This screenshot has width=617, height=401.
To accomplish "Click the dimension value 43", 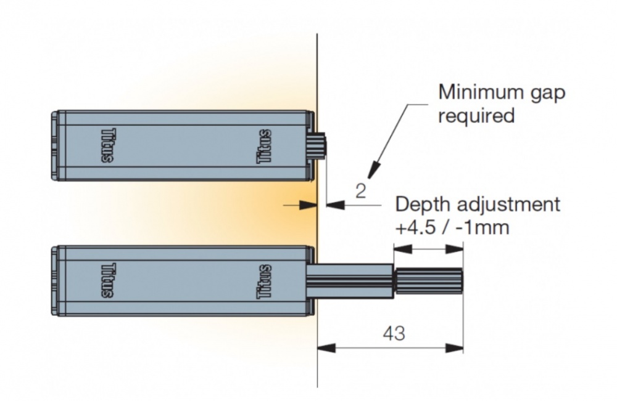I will click(394, 333).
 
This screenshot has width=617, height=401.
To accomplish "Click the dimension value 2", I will click(361, 190).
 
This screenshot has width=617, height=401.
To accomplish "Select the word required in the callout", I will click(476, 115).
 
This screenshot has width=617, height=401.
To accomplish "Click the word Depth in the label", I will click(421, 205).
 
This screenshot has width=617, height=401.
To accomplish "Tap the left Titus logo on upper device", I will click(106, 147).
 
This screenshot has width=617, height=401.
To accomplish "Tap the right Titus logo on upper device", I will click(263, 147).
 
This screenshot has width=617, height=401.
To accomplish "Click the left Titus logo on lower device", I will click(106, 281).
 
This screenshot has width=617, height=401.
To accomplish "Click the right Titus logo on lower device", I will click(263, 281).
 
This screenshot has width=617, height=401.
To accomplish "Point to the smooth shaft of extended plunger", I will click(350, 281).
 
